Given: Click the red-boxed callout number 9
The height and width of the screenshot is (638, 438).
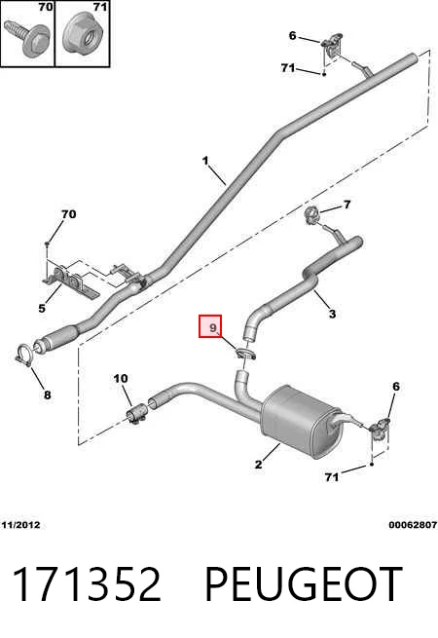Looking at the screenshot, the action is click(213, 327).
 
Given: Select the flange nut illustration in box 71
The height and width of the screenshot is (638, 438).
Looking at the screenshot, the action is click(84, 34).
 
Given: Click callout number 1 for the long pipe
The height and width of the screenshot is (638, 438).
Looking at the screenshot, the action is click(205, 161).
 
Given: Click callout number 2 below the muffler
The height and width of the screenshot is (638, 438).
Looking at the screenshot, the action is click(258, 465).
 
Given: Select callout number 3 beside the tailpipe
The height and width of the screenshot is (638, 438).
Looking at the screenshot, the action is click(333, 314).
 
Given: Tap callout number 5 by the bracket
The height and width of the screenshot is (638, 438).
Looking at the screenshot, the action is click(42, 308).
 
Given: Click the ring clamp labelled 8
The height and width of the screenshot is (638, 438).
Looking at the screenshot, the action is click(24, 356).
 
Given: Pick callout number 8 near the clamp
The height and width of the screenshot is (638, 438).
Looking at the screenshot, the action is click(47, 394).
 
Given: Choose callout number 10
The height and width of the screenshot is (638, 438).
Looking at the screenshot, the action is click(121, 378).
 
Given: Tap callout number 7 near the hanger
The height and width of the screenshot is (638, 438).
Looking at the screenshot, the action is click(347, 205).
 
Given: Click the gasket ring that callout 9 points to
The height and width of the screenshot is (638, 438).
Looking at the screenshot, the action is click(245, 354).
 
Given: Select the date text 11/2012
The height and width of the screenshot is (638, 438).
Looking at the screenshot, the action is click(20, 525).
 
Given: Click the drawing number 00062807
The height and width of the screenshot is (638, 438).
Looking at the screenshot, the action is click(413, 525).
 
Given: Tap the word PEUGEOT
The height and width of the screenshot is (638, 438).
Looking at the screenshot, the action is click(304, 584).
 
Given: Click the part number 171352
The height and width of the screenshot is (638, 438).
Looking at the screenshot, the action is click(88, 584).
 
